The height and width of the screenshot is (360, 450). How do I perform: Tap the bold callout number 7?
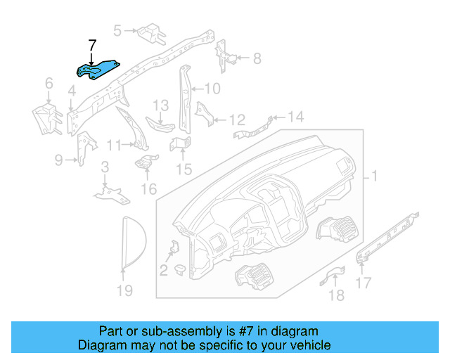click(91, 46)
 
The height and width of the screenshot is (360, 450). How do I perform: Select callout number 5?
click(118, 30)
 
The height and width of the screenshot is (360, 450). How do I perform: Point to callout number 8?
click(257, 58)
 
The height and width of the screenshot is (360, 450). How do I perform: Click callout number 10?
click(212, 89)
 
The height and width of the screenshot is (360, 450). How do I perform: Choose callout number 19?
click(124, 290)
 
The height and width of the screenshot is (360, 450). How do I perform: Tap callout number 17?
click(364, 283)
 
